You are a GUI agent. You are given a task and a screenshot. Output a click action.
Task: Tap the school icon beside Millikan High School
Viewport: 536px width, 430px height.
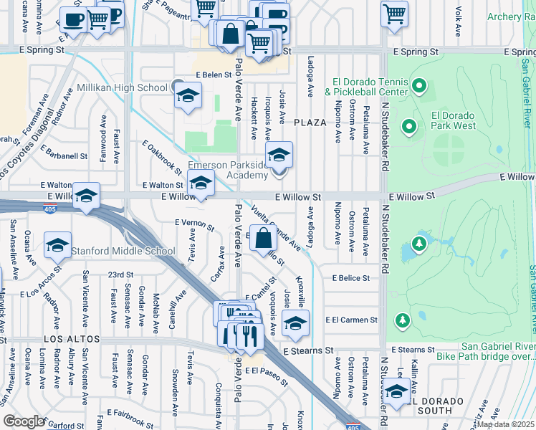[x=188, y=96]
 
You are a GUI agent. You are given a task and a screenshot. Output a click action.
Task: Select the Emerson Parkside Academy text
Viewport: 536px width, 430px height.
[x=227, y=170]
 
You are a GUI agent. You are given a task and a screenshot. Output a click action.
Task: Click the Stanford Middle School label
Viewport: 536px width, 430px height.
[x=123, y=251]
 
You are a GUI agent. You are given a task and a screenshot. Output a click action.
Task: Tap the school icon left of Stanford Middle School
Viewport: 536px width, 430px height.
[x=57, y=245]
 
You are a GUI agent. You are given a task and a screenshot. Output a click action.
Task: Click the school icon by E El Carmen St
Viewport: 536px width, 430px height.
[x=295, y=323]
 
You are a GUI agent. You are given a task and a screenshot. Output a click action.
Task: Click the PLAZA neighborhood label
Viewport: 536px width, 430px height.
[x=310, y=123]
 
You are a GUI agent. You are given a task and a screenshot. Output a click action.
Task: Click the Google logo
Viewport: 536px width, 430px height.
[x=24, y=421]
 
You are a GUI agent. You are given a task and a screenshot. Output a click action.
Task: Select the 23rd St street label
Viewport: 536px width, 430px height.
[x=120, y=274]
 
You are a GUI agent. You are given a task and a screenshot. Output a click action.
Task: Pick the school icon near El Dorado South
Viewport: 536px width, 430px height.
[x=396, y=391]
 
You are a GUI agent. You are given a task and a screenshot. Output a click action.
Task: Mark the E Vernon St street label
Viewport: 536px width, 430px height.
[x=195, y=224]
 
